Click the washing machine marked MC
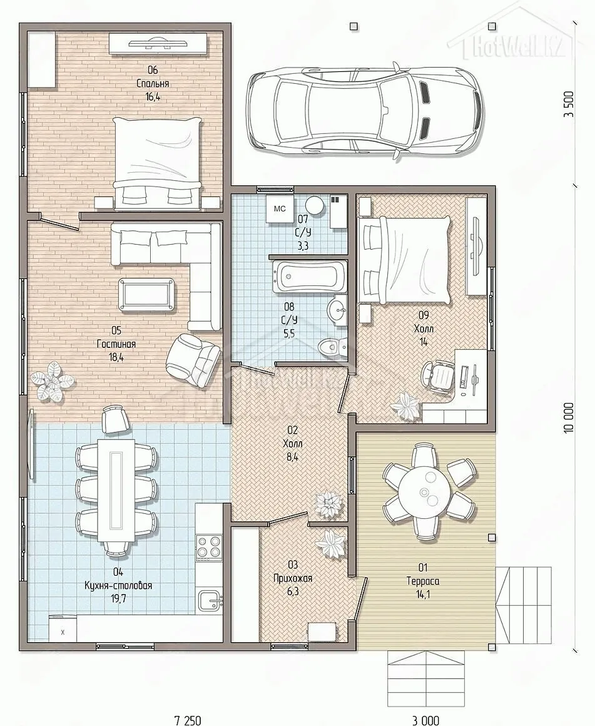[x=279, y=209]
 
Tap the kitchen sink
[x=210, y=601]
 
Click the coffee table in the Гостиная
[x=147, y=293]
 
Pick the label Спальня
[x=152, y=84]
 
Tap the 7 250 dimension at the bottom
[x=188, y=720]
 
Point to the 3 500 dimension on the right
[x=569, y=104]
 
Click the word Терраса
[x=423, y=581]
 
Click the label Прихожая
[x=293, y=578]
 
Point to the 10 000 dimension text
[x=569, y=417]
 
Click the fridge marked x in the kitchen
[x=63, y=631]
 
